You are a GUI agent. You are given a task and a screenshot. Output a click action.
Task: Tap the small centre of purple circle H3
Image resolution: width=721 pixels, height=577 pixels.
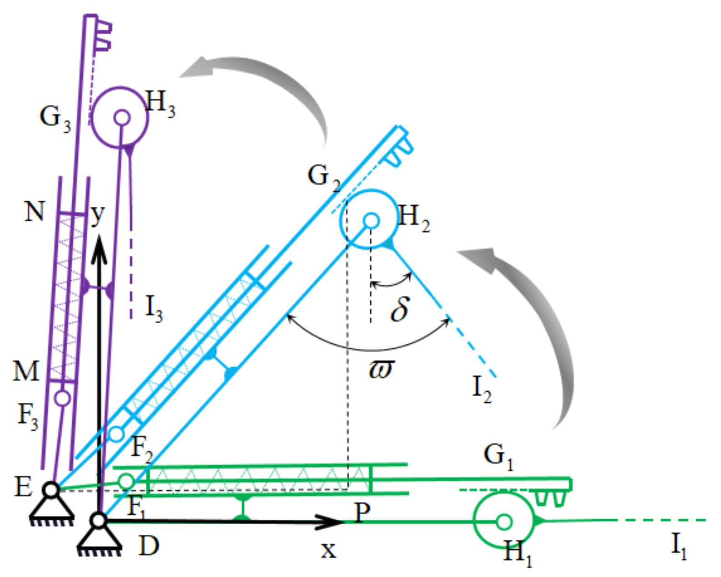pos(122,117)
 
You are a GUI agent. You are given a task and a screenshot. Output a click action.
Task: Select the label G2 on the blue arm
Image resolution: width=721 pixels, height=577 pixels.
pos(324,178)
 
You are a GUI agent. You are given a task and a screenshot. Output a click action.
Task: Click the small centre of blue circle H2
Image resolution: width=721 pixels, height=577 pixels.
pos(371,221)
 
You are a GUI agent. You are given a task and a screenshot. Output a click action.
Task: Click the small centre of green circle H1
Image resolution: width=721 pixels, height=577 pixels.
pos(503,522)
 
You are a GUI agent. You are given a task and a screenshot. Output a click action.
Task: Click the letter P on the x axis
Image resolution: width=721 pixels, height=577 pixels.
pos(362,512)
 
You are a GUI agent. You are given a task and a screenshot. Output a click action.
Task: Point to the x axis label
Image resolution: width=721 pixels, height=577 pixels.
pos(328,550)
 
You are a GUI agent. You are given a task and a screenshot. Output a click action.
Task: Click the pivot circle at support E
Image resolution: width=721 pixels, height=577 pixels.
pos(51,490)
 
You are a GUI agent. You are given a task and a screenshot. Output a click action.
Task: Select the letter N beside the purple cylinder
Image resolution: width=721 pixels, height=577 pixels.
pos(35,211)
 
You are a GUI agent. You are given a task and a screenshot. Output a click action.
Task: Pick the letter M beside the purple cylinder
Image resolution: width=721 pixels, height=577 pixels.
pos(26,371)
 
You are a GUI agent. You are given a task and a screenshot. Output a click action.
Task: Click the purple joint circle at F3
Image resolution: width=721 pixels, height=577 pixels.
pos(62,398)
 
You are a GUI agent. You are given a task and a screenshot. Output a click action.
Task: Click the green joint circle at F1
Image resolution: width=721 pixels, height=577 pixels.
pos(126,481)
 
